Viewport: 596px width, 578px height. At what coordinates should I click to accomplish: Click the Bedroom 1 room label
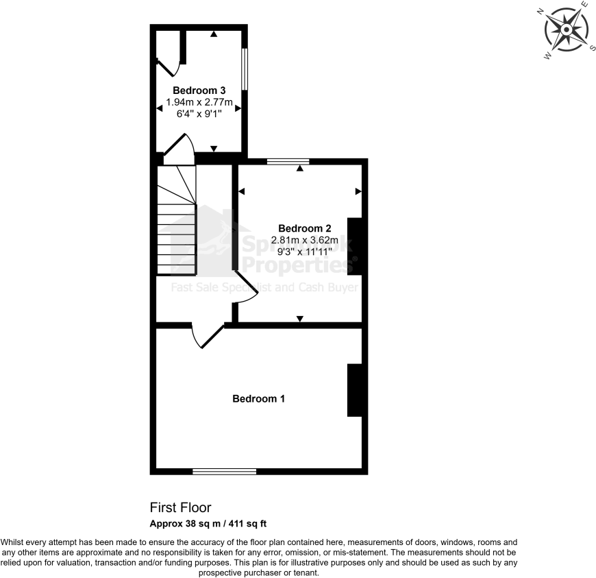click(258, 398)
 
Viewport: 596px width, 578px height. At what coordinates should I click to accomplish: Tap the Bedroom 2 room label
click(305, 228)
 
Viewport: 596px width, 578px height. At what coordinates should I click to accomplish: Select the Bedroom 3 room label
click(199, 91)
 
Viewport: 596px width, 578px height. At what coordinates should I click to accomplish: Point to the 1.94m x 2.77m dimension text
click(199, 103)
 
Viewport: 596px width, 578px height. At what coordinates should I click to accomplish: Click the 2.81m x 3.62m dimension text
click(305, 240)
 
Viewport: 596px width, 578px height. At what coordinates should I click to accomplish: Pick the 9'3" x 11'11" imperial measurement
click(305, 252)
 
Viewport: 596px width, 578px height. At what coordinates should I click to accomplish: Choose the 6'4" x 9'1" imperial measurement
click(199, 115)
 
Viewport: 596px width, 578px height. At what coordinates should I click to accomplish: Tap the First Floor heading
click(181, 507)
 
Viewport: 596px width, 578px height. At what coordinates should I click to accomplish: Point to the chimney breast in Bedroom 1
click(355, 389)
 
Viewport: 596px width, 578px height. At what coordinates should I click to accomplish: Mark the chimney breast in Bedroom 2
click(355, 246)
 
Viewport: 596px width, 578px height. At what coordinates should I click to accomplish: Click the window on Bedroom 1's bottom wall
click(224, 471)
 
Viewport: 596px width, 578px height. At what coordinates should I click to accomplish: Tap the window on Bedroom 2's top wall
click(288, 162)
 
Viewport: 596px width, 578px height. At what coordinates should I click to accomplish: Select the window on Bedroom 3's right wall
click(244, 69)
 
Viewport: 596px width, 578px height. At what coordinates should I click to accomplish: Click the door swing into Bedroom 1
click(207, 337)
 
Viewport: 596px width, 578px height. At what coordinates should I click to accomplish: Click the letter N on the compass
click(541, 12)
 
